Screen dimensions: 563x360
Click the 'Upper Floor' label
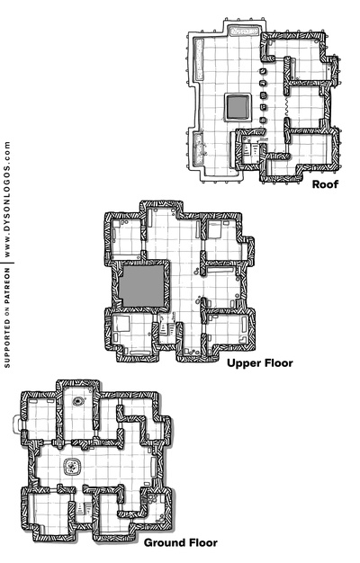260,363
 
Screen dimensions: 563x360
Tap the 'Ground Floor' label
180,543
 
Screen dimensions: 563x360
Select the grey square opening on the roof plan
238,107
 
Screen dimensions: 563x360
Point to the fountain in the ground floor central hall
72,466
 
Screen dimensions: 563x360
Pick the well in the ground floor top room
79,402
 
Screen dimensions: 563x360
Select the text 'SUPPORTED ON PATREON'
8,317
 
